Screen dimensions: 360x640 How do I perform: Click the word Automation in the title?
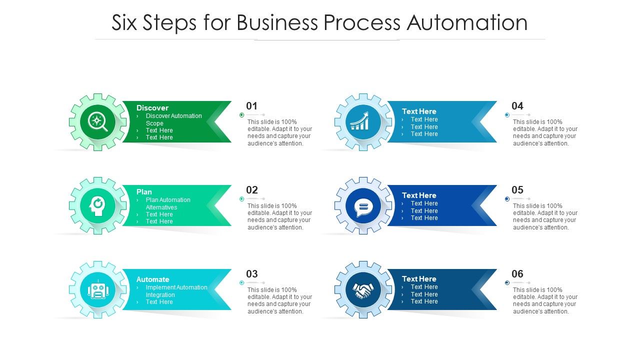point(467,22)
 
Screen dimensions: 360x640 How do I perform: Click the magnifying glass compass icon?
point(97,121)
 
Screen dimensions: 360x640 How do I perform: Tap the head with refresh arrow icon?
point(97,205)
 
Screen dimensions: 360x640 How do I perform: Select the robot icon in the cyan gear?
point(97,289)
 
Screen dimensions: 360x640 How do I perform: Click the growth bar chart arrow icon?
point(363,121)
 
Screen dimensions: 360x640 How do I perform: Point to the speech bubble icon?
point(363,205)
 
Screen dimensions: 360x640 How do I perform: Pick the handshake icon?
point(363,289)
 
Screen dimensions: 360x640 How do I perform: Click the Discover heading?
point(152,107)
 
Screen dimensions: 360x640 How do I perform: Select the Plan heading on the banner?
point(144,191)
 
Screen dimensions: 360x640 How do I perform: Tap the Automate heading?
point(152,279)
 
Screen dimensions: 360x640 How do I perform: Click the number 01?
point(251,106)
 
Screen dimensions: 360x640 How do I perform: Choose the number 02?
point(252,190)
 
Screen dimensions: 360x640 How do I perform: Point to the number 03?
point(252,274)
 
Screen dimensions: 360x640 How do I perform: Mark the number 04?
point(517,106)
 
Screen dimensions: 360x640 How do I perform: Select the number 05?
point(517,190)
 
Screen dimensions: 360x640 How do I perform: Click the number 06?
point(517,274)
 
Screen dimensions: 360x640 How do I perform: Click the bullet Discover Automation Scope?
point(173,119)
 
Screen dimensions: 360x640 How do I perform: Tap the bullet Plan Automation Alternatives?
point(168,203)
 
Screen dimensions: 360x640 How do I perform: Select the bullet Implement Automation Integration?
point(176,291)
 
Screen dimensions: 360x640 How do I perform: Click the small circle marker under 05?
point(507,199)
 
